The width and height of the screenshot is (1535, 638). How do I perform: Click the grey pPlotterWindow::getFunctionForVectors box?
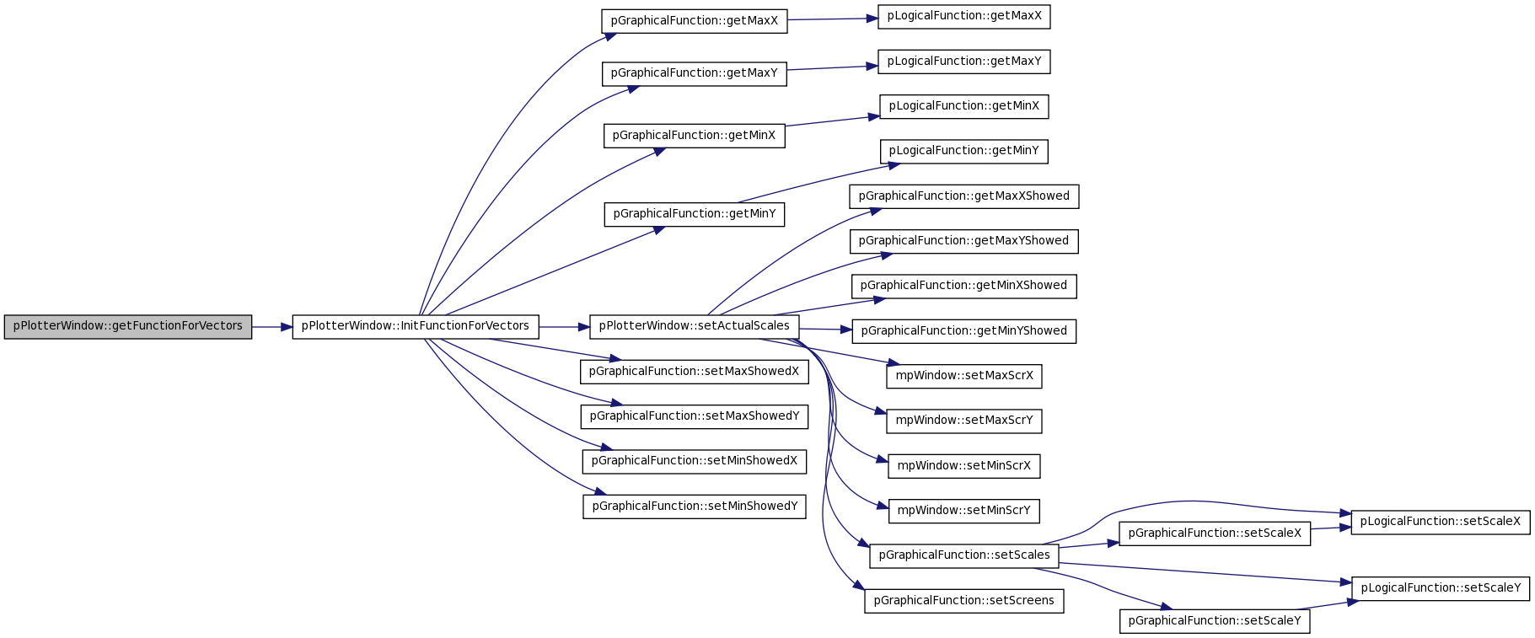(128, 326)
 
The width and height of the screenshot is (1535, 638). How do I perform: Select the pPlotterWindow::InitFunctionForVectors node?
(416, 326)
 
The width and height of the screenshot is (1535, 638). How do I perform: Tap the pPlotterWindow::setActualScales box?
(695, 326)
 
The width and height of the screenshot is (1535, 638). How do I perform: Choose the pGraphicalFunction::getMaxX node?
(695, 21)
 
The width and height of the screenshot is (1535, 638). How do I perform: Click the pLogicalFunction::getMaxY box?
(964, 62)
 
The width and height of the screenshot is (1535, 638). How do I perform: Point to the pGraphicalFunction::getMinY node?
(695, 214)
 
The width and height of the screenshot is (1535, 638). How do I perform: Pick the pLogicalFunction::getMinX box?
(964, 106)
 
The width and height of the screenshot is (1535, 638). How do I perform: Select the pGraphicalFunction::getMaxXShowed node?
(964, 196)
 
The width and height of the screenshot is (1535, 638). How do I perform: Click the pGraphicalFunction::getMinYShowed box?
(964, 331)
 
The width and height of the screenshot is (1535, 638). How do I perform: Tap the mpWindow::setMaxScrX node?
(964, 376)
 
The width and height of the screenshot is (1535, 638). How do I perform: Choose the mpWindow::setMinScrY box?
(964, 511)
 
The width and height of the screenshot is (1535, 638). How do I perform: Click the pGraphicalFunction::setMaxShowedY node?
(695, 416)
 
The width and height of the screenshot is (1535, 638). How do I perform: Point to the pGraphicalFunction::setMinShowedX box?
(695, 461)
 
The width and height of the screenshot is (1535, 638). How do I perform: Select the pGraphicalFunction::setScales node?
(964, 555)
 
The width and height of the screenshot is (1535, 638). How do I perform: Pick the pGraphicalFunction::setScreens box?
(964, 601)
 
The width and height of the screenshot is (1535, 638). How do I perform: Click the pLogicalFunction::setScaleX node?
(1441, 522)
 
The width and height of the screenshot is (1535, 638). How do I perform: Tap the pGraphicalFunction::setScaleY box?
(1215, 621)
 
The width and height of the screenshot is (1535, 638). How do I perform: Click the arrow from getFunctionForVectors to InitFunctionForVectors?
(272, 326)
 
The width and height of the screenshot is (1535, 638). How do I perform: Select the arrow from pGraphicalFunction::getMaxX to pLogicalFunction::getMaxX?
(833, 19)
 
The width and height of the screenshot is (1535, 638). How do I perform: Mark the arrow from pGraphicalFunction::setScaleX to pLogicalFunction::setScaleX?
(1331, 528)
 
